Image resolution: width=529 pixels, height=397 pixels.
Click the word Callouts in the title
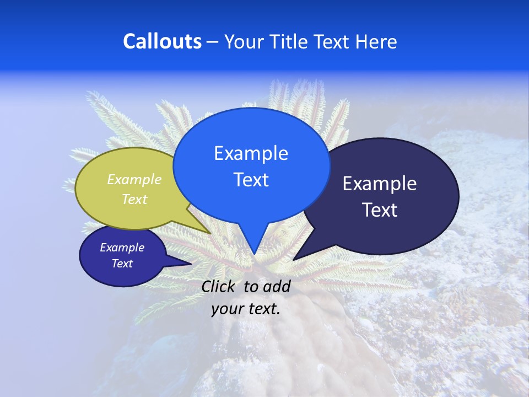(162, 41)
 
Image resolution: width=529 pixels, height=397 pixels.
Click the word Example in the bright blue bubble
(251, 153)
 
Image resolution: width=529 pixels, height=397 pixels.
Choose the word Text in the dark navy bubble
(380, 210)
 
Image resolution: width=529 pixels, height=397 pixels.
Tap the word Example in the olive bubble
(134, 179)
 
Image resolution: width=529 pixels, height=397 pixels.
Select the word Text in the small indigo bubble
(122, 264)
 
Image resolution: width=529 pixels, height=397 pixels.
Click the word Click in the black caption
(219, 286)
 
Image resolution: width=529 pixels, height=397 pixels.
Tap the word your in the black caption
(227, 309)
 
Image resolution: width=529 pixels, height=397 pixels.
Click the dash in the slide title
(213, 42)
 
